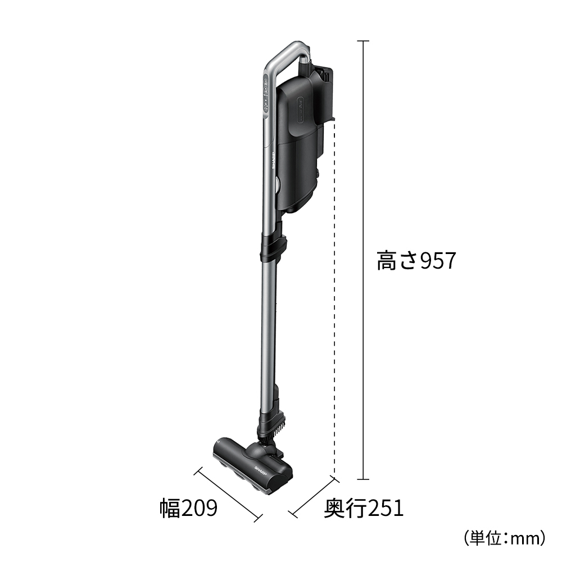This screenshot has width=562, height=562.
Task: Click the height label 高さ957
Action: point(415,261)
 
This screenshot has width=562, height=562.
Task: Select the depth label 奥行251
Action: point(364,509)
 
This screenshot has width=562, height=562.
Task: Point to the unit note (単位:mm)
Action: point(505,538)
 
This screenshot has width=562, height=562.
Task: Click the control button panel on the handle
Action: point(265,96)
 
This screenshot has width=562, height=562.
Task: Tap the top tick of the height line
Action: point(363,42)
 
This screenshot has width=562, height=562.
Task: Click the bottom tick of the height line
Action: point(363,480)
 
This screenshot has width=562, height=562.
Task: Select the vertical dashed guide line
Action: point(335,298)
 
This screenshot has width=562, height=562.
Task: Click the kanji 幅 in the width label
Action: point(169,509)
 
